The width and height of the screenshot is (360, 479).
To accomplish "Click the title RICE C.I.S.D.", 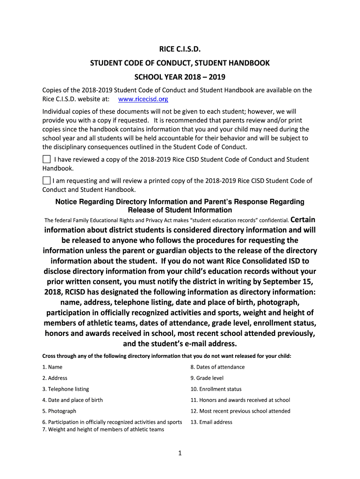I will click(x=180, y=49).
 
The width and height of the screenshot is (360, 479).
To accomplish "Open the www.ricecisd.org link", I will click(x=143, y=99).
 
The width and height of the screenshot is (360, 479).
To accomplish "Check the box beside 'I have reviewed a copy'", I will click(x=47, y=159).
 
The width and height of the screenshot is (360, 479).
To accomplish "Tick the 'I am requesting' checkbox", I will click(x=47, y=180).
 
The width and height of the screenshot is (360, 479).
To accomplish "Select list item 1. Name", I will click(x=52, y=367).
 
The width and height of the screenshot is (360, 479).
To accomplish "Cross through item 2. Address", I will click(x=55, y=378).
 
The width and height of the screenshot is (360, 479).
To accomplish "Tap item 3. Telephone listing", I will click(x=65, y=389).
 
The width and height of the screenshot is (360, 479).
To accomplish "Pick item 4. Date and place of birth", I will click(x=72, y=400).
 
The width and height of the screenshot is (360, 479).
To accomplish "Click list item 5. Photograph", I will click(x=59, y=411).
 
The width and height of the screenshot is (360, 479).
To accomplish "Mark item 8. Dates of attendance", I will click(x=217, y=367).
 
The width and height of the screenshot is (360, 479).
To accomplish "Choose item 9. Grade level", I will click(x=207, y=378).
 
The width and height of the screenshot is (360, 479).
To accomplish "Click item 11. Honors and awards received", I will click(x=240, y=400).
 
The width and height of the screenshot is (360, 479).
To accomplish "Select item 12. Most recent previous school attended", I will click(x=240, y=411).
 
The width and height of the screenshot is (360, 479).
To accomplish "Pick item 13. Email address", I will click(x=211, y=422).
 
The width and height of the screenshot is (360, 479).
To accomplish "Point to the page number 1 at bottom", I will click(x=180, y=453).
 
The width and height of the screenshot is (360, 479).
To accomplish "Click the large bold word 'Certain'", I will click(x=303, y=219).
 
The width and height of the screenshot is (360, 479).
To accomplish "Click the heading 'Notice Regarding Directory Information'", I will click(x=180, y=202).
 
